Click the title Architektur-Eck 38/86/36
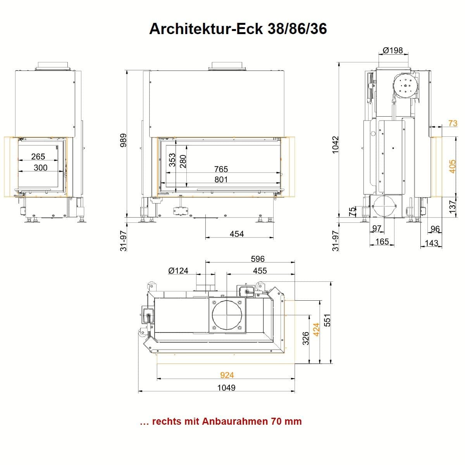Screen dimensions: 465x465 click(238, 29)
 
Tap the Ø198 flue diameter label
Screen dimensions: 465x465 click(393, 50)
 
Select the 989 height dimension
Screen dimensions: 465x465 click(123, 140)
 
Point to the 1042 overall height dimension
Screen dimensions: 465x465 click(335, 145)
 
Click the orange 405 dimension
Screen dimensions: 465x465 click(452, 167)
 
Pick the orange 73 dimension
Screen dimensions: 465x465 click(453, 123)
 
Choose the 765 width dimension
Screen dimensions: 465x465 click(221, 169)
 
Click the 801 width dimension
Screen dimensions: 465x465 click(221, 179)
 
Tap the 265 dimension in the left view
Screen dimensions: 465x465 click(38, 157)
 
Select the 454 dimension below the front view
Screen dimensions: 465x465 click(237, 234)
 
